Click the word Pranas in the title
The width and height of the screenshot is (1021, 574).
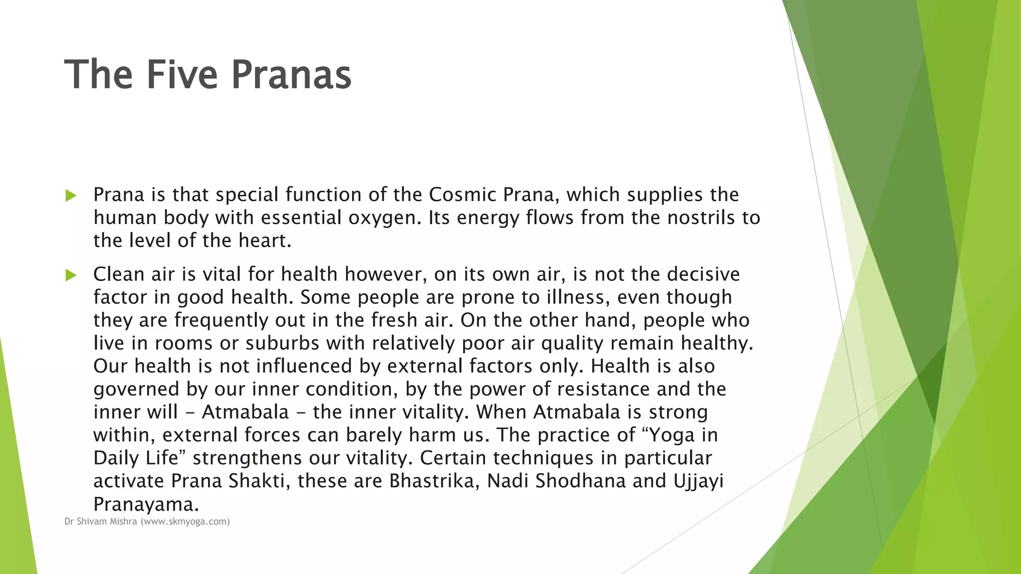pyautogui.click(x=291, y=75)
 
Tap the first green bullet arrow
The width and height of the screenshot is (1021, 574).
pyautogui.click(x=71, y=196)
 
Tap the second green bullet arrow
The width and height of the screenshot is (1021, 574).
pyautogui.click(x=71, y=275)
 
